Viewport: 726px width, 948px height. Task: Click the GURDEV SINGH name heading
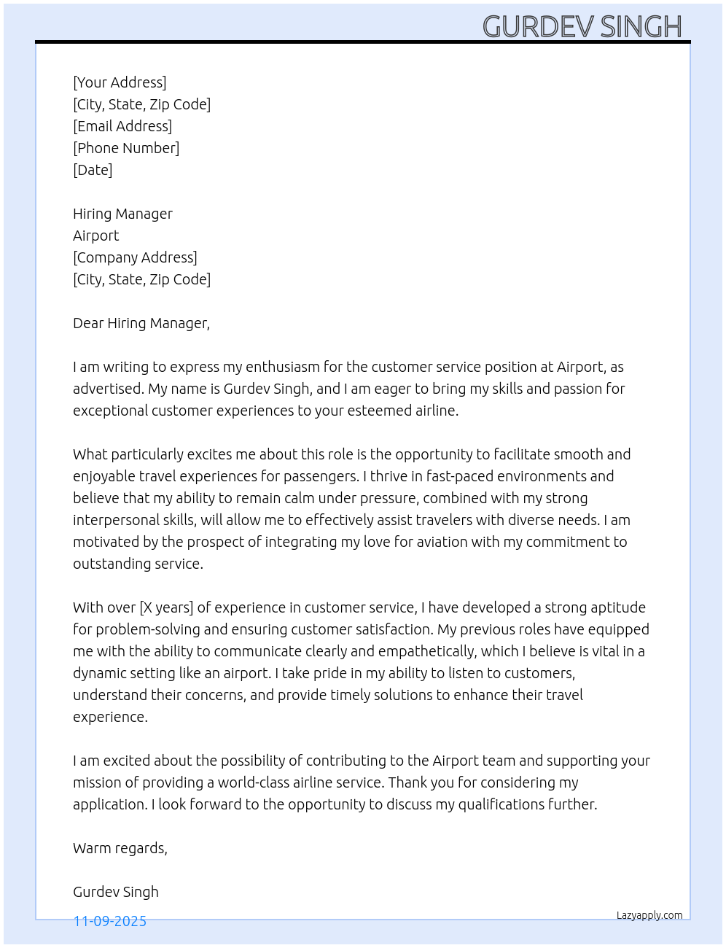point(582,27)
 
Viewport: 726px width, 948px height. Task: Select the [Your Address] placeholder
point(120,82)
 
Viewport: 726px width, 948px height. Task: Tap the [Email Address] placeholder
point(122,126)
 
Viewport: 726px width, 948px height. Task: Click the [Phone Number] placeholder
point(126,148)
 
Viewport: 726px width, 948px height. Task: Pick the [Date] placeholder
point(93,170)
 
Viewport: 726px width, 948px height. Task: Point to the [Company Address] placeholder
point(135,257)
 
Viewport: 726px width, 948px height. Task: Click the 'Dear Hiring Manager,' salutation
point(141,323)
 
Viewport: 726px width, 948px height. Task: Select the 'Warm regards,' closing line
point(120,848)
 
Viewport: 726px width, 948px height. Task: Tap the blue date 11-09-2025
point(110,921)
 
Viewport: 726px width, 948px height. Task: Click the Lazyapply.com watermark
point(649,915)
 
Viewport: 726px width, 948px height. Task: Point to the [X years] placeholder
point(166,607)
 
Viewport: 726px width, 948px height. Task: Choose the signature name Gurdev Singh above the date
point(116,892)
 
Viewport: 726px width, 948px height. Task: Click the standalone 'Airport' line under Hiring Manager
point(95,236)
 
